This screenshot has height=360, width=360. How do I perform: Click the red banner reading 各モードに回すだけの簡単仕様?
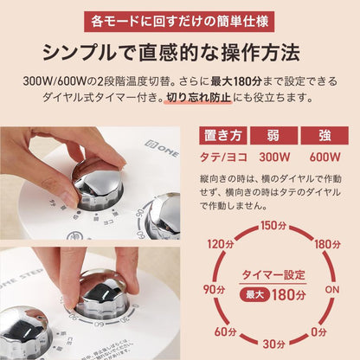coord(179,18)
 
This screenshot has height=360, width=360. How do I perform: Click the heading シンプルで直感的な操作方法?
coord(179,51)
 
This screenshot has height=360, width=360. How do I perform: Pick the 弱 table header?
coord(273,136)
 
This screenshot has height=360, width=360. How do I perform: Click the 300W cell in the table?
coord(273,157)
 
